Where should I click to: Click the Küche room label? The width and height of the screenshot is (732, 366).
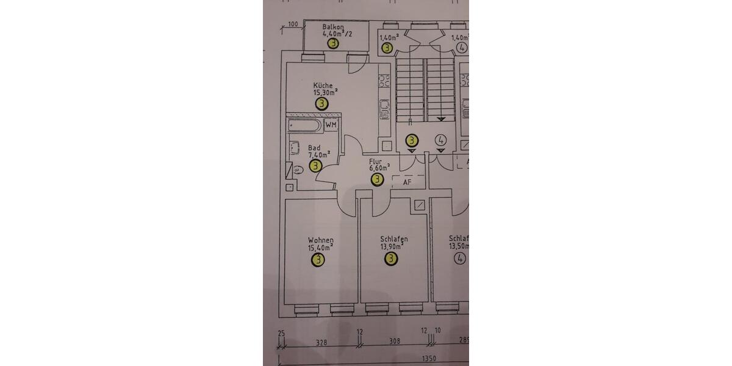pos(323,85)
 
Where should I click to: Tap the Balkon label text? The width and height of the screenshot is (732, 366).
pos(334,27)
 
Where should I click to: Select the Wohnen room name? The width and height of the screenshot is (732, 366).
pos(320,240)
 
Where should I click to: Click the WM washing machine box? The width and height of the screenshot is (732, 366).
pos(331,125)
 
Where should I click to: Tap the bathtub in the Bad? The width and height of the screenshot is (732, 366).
pos(304,127)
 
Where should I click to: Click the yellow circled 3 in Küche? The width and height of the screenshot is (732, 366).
pos(321,104)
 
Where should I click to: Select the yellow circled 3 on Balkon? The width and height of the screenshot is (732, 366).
pos(333,44)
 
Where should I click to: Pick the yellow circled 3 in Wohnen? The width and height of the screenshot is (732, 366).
pos(318,260)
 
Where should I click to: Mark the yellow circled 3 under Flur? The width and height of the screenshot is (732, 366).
pos(378,179)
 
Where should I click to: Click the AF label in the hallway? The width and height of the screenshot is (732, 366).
pos(407,182)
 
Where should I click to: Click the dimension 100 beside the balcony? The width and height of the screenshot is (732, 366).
pos(292,24)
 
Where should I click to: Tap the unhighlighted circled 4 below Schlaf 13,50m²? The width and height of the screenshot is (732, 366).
pos(460,259)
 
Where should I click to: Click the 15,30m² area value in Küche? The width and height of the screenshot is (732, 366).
pos(325,93)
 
